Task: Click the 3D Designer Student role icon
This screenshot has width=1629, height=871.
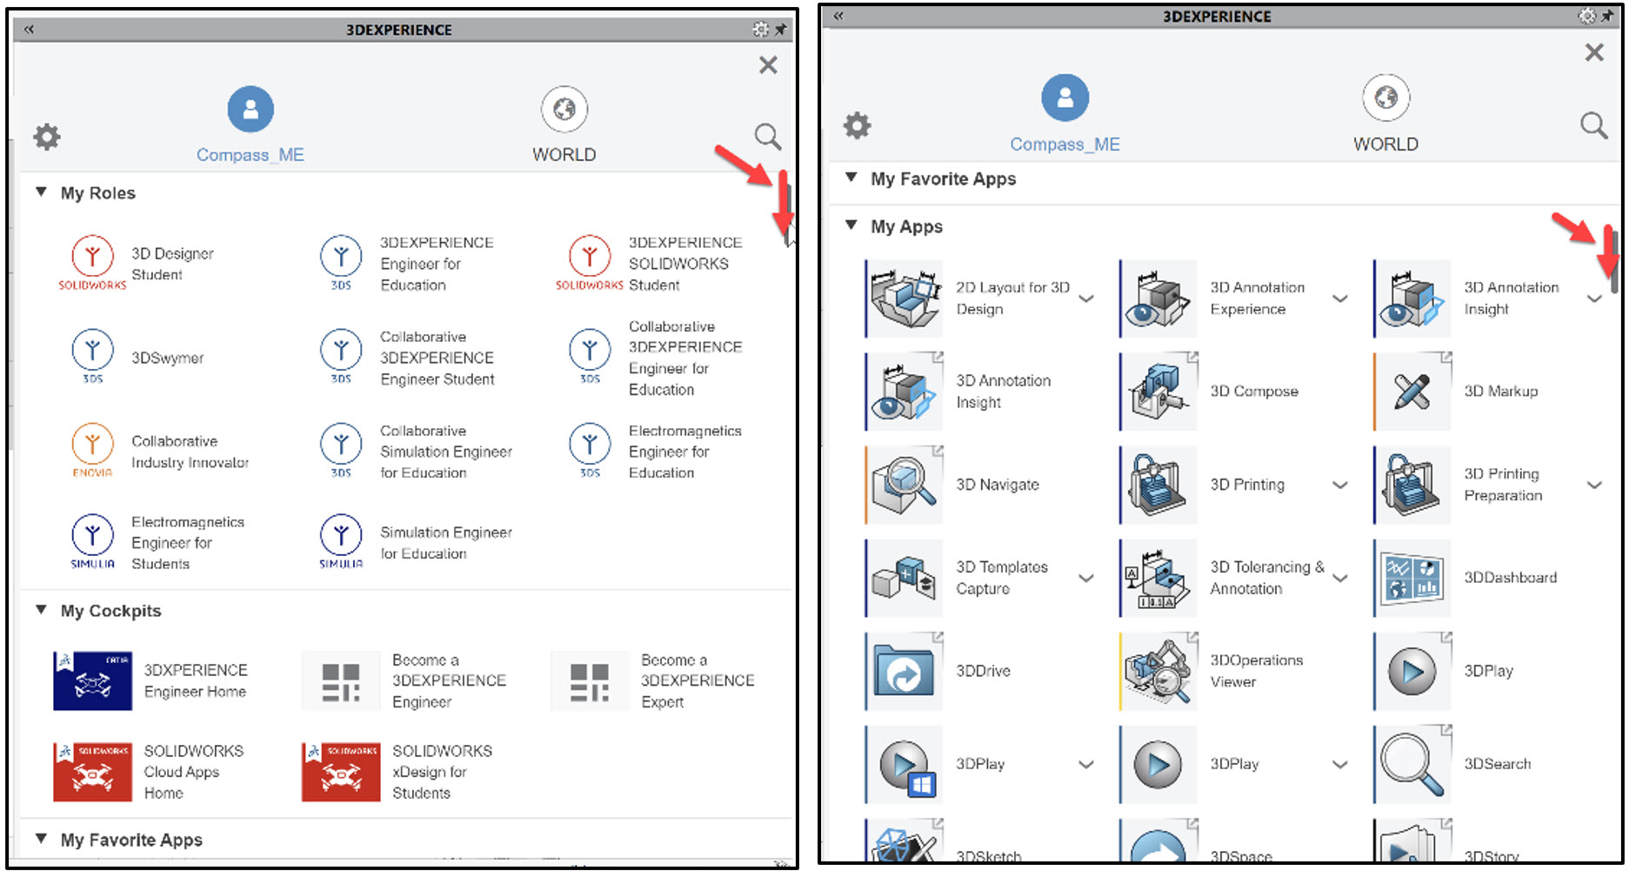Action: coord(92,258)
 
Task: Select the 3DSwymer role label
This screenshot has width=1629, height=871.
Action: coord(167,358)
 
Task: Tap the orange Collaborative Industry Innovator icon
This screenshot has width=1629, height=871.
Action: coord(92,445)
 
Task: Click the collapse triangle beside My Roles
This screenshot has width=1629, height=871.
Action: coord(41,192)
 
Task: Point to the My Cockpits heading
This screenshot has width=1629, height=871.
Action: coord(110,611)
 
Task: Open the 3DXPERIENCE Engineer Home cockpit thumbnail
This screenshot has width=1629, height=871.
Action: coord(92,680)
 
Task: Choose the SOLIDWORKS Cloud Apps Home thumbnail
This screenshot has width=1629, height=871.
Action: coord(92,771)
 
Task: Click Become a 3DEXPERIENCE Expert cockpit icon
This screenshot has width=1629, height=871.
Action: coord(589,680)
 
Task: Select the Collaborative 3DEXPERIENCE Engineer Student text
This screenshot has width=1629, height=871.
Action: coord(437,358)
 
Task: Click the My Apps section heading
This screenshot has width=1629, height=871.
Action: coord(906,227)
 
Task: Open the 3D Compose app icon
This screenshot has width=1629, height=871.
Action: coord(1158,392)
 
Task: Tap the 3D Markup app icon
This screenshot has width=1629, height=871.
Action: coord(1412,392)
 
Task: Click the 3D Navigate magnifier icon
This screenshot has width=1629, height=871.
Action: coord(905,485)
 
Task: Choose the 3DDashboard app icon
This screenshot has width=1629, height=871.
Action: coord(1412,578)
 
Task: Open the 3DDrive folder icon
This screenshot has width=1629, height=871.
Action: coord(905,671)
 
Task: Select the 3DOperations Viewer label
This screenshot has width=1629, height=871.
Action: coord(1256,671)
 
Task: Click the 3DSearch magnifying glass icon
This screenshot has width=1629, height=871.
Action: coord(1412,764)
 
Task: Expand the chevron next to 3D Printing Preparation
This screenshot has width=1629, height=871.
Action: coord(1594,485)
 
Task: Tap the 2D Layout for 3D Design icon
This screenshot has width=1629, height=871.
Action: coord(905,298)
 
